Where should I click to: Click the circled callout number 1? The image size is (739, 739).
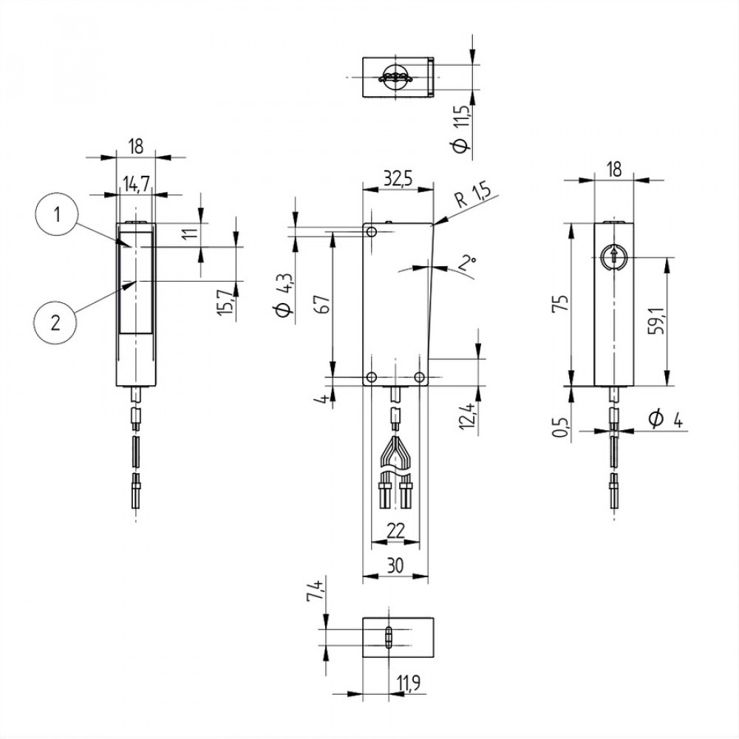[57, 215]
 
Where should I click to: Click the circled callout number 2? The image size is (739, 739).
[55, 324]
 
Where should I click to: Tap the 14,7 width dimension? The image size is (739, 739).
[136, 184]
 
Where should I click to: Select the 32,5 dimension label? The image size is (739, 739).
[398, 179]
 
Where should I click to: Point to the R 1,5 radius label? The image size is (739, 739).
[473, 194]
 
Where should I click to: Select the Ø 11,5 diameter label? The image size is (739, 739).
[461, 128]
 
